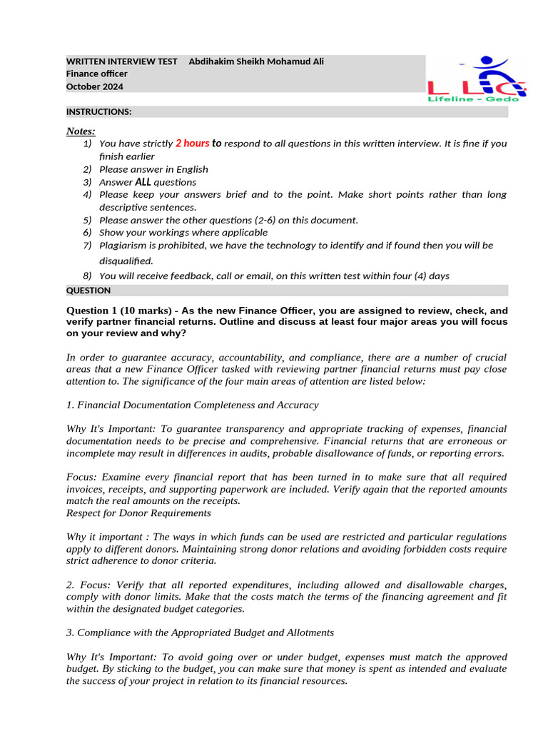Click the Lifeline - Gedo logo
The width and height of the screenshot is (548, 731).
(477, 79)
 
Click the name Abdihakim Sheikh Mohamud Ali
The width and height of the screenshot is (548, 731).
(255, 61)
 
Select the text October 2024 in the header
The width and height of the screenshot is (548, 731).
(94, 86)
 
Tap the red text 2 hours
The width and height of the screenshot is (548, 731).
(192, 143)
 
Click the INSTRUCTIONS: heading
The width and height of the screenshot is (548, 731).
(98, 112)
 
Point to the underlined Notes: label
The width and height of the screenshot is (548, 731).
(81, 131)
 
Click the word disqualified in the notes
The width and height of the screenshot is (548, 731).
(126, 261)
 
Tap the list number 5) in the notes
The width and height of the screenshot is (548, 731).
(87, 220)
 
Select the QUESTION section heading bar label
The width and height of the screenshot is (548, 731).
(88, 291)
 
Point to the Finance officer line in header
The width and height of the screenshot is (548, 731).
(97, 74)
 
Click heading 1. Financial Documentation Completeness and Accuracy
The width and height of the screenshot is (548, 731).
(192, 405)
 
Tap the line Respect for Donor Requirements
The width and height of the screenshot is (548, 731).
(138, 513)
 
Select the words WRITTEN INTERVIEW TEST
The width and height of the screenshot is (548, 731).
(121, 61)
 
